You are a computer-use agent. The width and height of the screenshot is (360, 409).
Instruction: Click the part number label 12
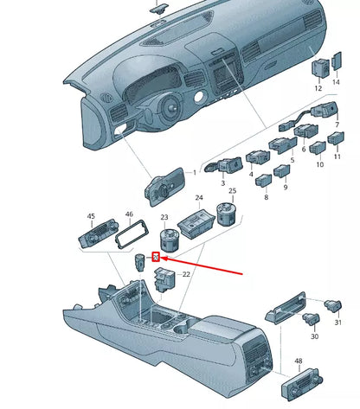click(318, 87)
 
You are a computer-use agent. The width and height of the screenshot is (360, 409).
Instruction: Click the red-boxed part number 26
click(155, 257)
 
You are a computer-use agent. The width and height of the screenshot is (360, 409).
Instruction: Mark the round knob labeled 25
click(228, 212)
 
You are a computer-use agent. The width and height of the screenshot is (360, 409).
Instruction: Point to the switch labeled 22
click(163, 278)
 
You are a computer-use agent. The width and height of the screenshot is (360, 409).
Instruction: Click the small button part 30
click(310, 319)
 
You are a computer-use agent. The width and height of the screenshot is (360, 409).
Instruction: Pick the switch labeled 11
click(319, 149)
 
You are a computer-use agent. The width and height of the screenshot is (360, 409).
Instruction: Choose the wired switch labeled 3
click(228, 164)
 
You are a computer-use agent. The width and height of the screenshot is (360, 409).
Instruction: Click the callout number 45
click(91, 216)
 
